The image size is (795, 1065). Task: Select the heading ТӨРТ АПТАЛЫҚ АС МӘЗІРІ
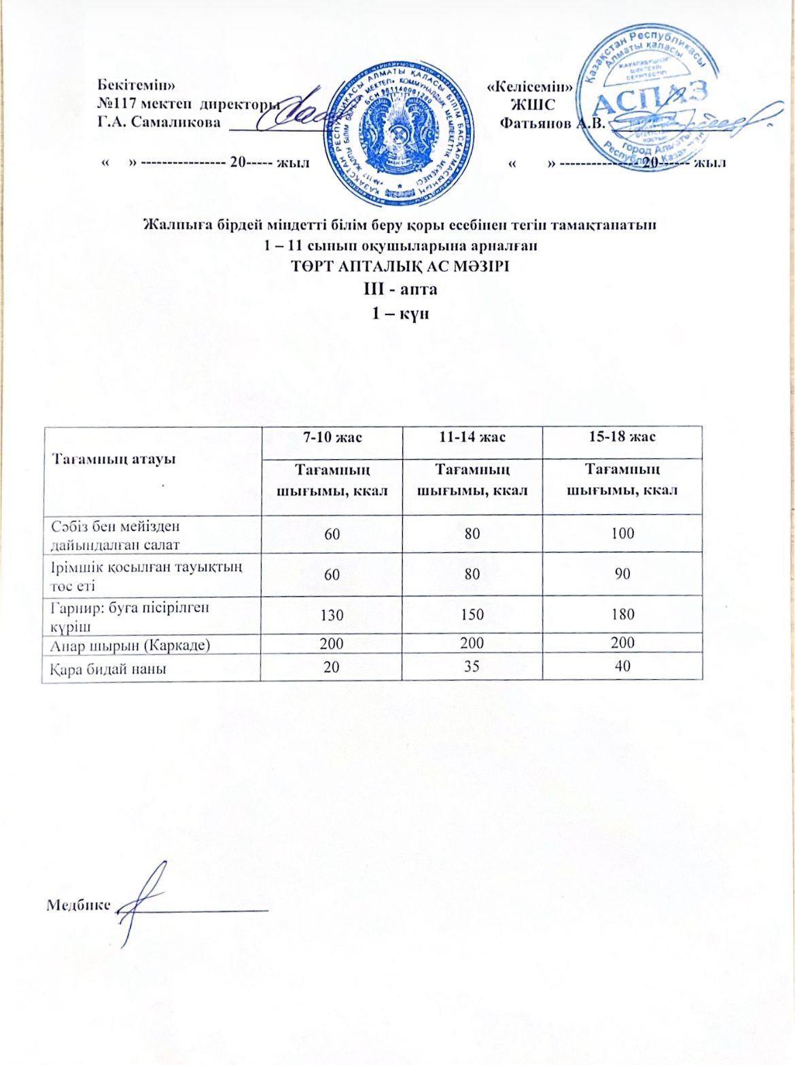point(400,266)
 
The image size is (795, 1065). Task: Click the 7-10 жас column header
point(332,437)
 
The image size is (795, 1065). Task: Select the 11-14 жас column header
point(472,437)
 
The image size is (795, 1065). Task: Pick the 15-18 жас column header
point(622,437)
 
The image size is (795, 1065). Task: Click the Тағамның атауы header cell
point(114,458)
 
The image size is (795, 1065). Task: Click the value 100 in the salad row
point(622,533)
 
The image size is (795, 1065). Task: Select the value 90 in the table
point(622,574)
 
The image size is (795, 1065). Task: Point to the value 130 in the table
point(332,615)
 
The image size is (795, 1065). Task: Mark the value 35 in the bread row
point(472,666)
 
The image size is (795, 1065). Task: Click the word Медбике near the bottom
point(78,905)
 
